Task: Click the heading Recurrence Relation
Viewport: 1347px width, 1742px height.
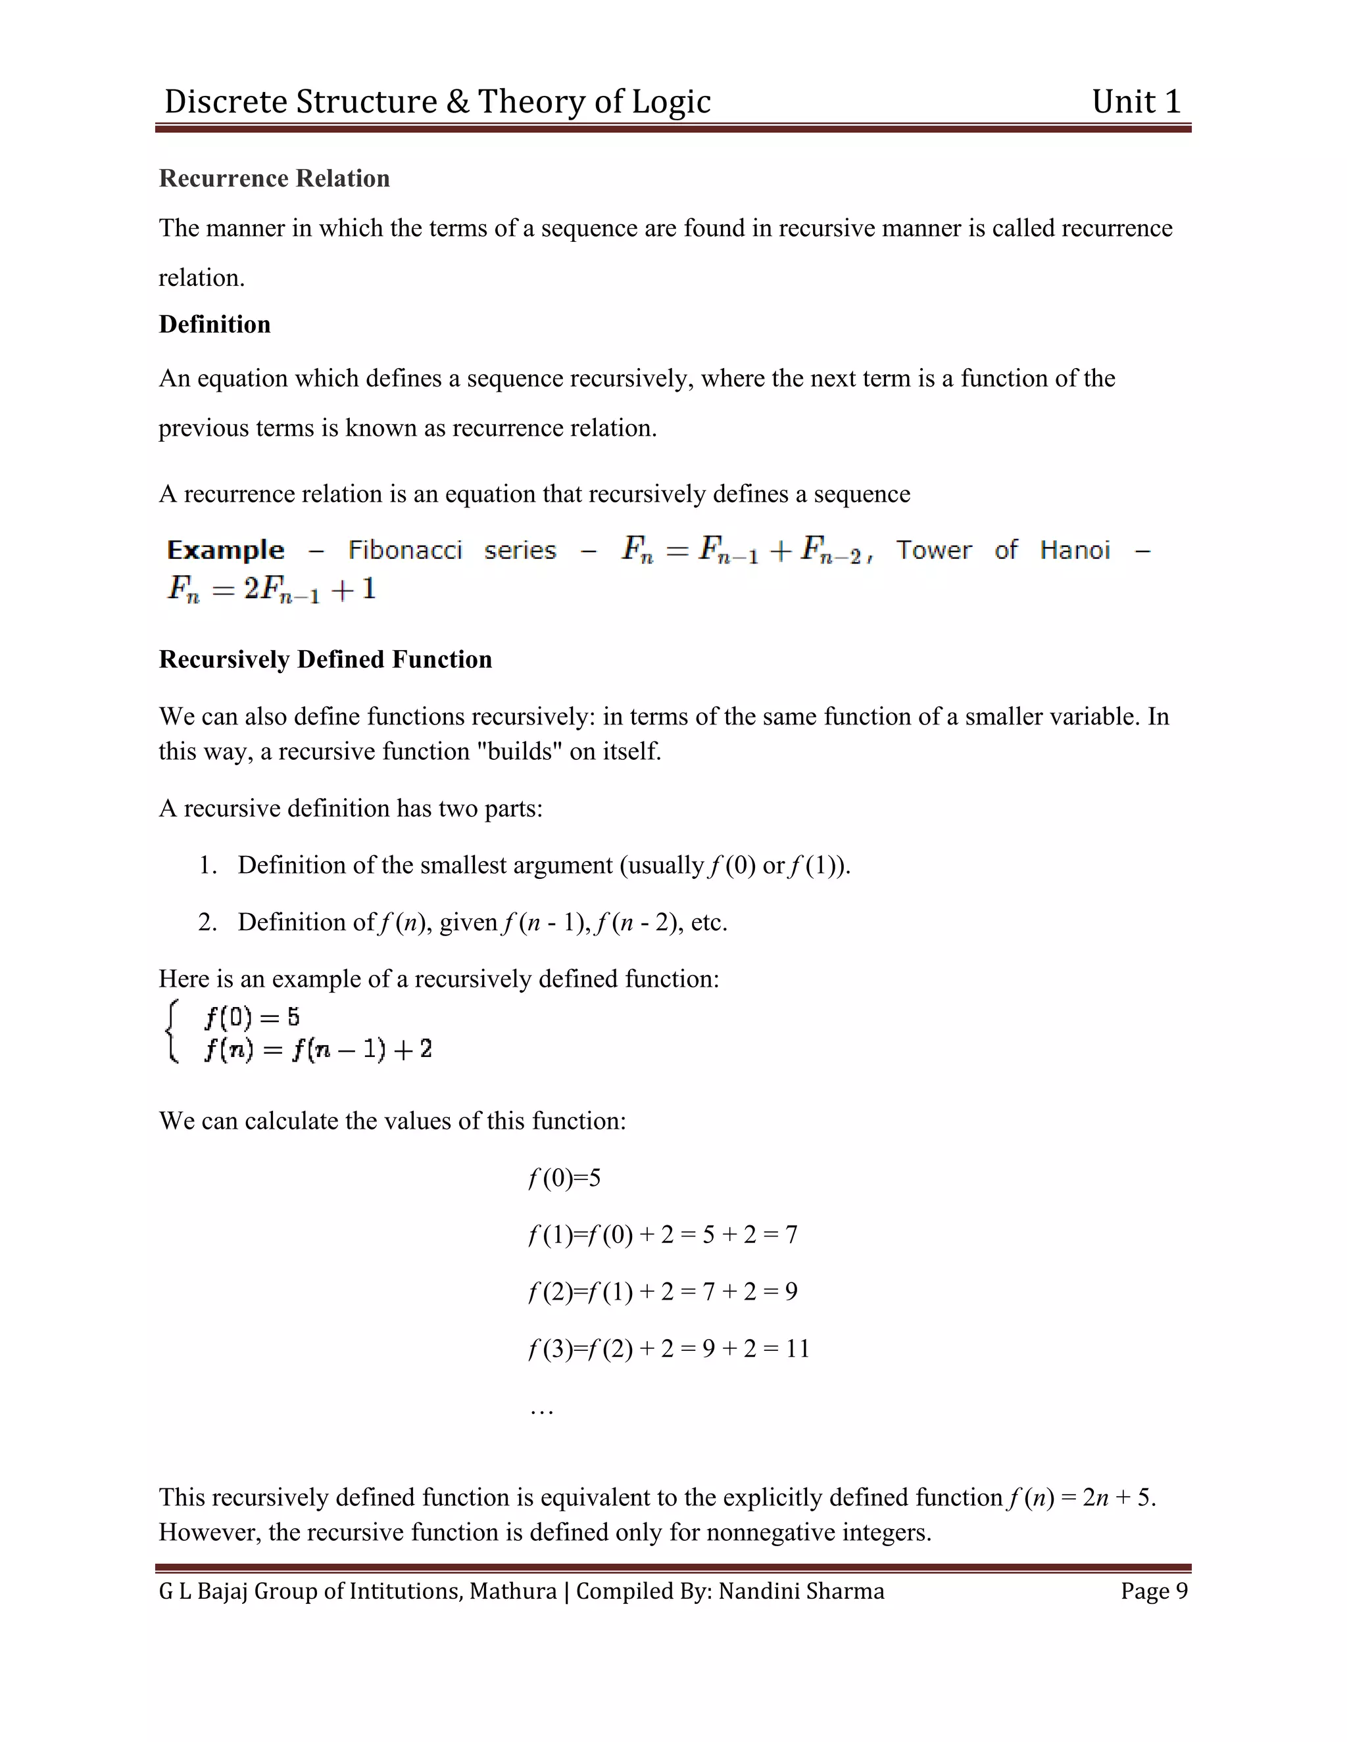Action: [x=274, y=178]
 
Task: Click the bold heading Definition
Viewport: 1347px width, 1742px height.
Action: [x=214, y=324]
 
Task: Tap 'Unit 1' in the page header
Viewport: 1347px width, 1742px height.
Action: [x=1135, y=102]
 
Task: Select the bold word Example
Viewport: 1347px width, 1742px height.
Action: [x=225, y=550]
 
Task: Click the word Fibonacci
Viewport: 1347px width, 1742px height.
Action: [x=404, y=550]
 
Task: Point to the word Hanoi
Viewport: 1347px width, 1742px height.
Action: [x=1074, y=550]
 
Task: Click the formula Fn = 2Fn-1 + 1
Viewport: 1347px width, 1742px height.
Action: [x=272, y=590]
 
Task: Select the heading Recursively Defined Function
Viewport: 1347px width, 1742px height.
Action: [x=325, y=659]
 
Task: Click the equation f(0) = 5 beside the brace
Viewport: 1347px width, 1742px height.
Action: [x=251, y=1017]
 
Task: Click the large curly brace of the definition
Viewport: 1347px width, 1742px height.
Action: [x=171, y=1032]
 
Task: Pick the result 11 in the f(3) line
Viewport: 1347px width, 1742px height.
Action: [x=797, y=1349]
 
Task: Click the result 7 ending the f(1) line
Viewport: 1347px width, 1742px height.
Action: [x=791, y=1235]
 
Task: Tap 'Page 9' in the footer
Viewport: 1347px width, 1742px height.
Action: [x=1153, y=1591]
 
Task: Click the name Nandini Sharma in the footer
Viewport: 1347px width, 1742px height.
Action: [x=800, y=1591]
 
